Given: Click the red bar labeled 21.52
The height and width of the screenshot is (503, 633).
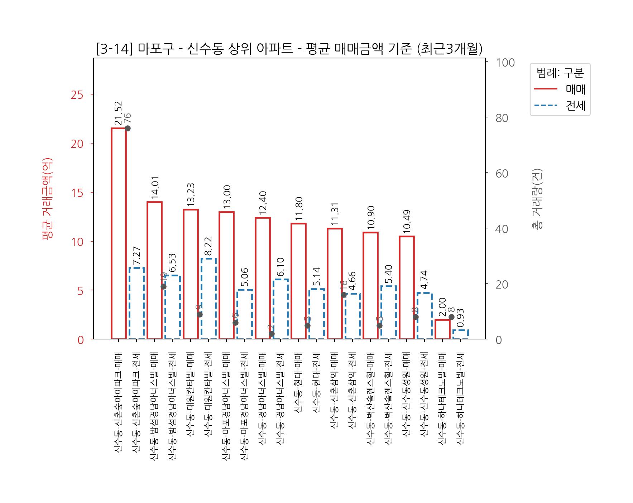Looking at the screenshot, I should coord(119,233).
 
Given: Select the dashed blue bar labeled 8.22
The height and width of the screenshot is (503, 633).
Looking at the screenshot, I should coord(208,299).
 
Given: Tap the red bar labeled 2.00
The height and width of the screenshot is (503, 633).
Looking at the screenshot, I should coord(442,329).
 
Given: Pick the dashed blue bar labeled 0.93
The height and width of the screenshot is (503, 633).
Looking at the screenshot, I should coord(461,334).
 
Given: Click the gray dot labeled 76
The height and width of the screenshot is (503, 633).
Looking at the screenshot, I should coord(128,128).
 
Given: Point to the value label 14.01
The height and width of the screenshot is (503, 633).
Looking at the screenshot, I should coord(155,188).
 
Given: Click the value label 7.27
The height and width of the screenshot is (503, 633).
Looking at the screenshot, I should coord(136,256).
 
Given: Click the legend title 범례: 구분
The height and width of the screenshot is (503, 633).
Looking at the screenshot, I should coord(560,73).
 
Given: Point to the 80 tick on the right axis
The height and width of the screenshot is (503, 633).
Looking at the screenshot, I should coord(502,118).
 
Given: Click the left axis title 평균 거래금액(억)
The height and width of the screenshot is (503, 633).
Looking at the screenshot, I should coord(48,199).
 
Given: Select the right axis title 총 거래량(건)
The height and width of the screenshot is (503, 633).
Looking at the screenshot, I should coord(538,199).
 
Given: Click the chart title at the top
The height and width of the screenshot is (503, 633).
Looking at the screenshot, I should coord(289,49).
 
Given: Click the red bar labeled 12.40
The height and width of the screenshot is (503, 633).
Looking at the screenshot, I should coord(263,278).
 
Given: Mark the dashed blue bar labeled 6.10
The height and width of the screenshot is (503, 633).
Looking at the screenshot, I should coord(280,309).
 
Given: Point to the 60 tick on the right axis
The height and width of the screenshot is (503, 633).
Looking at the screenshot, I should coord(502,174).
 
